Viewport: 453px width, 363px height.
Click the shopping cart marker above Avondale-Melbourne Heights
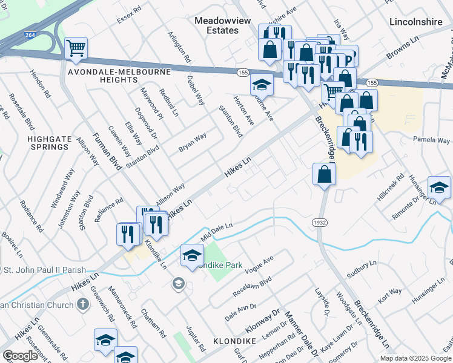(76, 48)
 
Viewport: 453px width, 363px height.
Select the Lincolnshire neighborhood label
(417, 21)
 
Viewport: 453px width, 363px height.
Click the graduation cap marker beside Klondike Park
(192, 256)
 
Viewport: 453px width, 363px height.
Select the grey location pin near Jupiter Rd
(178, 283)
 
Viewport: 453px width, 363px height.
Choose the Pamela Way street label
(431, 140)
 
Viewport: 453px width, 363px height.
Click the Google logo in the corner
(21, 356)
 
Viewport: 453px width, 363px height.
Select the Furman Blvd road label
(107, 151)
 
